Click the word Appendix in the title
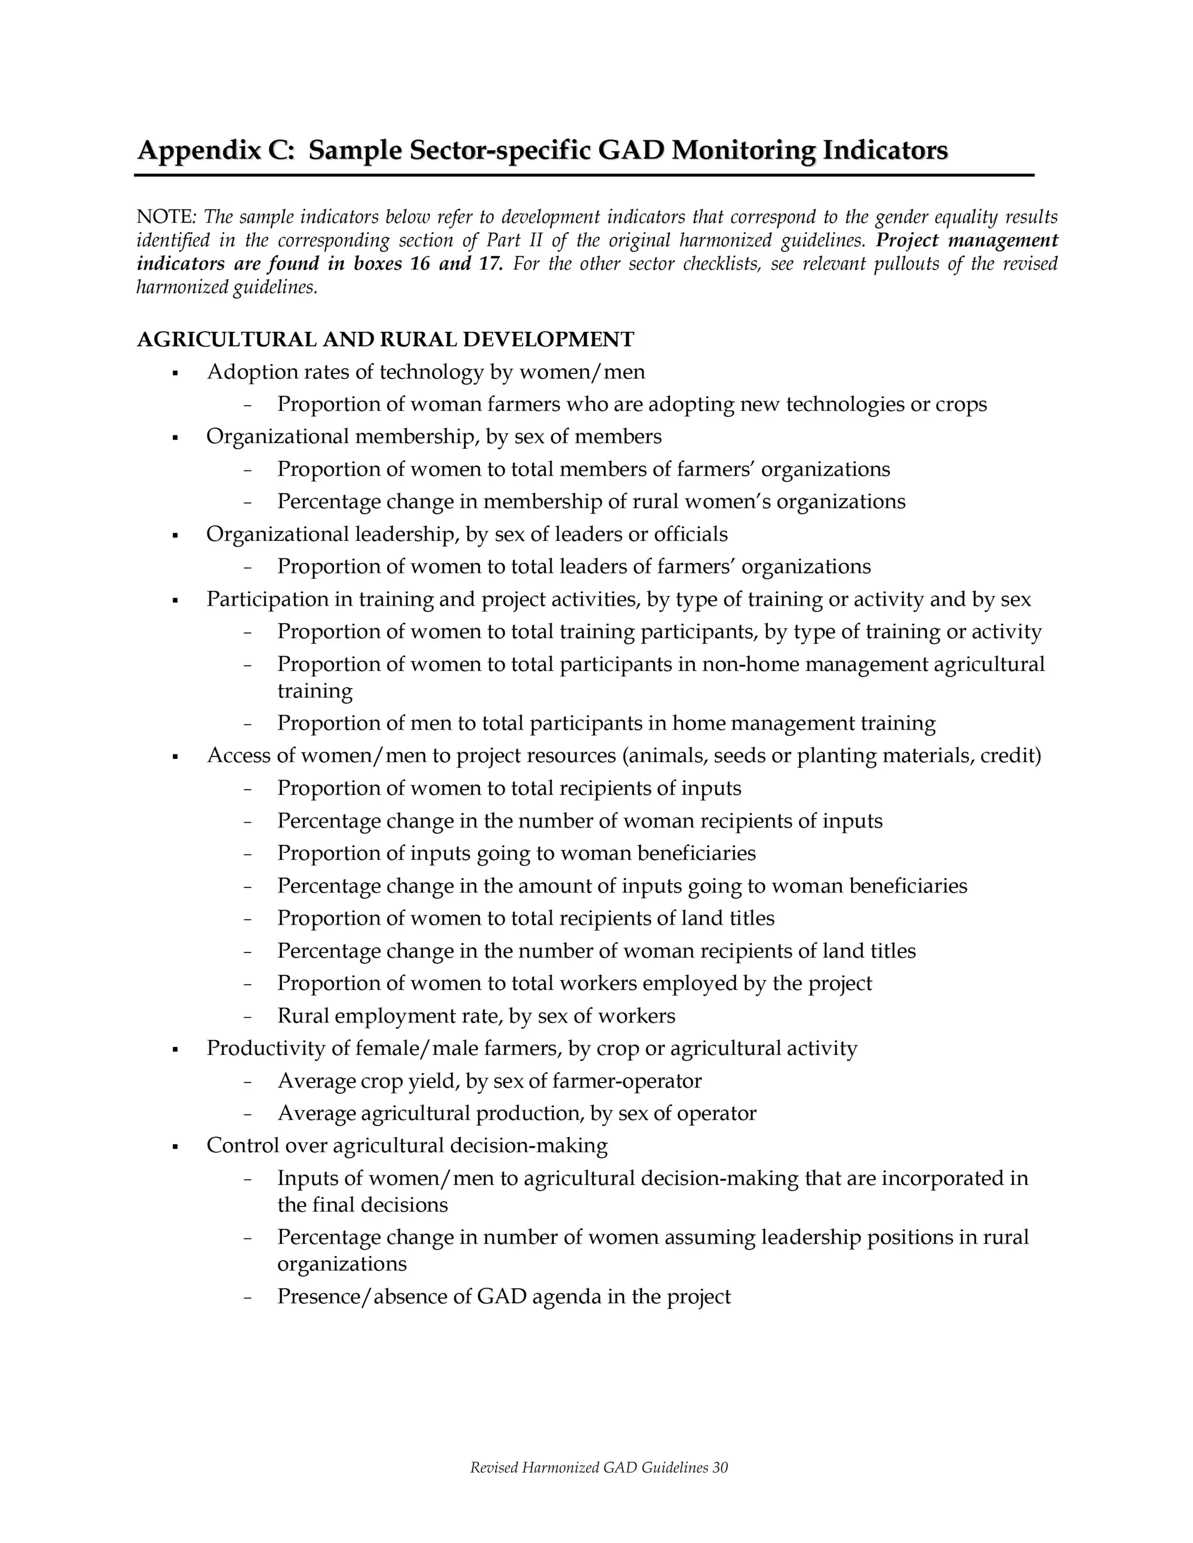click(199, 150)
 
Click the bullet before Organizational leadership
click(175, 535)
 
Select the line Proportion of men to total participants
click(606, 723)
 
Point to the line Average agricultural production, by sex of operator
click(517, 1113)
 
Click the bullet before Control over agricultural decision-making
click(175, 1146)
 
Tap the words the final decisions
click(362, 1205)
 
